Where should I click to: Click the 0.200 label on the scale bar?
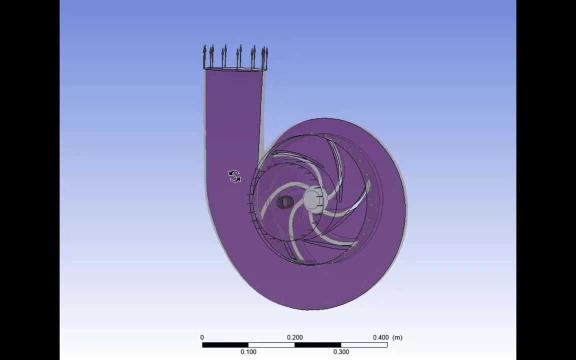click(x=294, y=337)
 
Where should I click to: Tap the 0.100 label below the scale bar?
click(x=248, y=352)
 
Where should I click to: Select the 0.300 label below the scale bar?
click(x=341, y=352)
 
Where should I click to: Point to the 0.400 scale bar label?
click(x=380, y=337)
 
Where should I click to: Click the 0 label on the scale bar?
click(x=202, y=337)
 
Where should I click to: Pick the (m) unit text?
click(x=397, y=337)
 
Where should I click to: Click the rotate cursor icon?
click(x=234, y=176)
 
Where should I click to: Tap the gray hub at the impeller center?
click(x=313, y=199)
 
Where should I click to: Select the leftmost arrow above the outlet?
click(x=204, y=56)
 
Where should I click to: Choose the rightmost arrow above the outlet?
click(x=266, y=57)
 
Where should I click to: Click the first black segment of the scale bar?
click(x=225, y=344)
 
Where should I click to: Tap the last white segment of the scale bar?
click(x=364, y=344)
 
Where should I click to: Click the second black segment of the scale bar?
click(x=317, y=344)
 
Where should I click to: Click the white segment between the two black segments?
click(x=271, y=344)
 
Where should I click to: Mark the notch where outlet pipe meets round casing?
click(x=262, y=149)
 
